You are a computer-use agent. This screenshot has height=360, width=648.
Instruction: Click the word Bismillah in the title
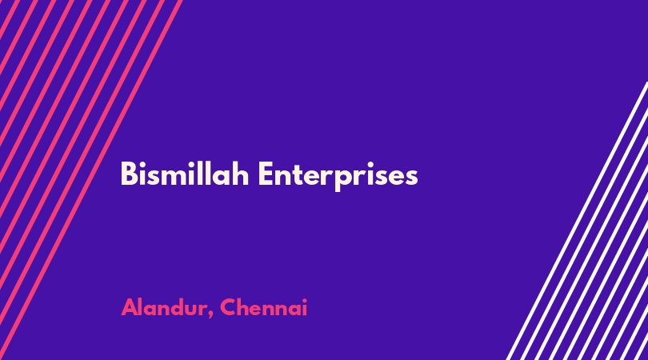click(x=185, y=174)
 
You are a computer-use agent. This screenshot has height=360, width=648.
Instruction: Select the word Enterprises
click(x=338, y=176)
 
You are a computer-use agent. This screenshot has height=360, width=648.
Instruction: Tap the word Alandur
click(x=164, y=307)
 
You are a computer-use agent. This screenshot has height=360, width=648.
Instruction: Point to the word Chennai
click(x=264, y=307)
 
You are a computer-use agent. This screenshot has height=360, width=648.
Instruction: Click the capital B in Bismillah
click(x=129, y=174)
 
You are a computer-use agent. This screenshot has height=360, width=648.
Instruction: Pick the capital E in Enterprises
click(x=266, y=174)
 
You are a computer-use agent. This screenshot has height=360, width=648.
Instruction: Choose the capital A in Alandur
click(x=130, y=307)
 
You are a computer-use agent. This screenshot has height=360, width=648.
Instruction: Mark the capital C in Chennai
click(x=229, y=307)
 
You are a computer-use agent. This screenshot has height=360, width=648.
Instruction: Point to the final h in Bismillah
click(x=241, y=174)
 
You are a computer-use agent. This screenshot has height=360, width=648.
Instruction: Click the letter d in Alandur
click(x=179, y=307)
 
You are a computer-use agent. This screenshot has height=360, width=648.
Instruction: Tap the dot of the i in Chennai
click(x=304, y=300)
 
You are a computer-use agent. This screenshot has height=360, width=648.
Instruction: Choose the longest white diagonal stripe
click(x=577, y=221)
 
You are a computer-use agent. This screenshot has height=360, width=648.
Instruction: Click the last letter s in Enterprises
click(x=411, y=177)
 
